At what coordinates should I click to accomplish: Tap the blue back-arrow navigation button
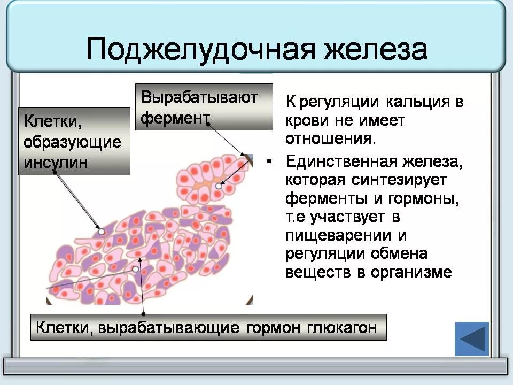click(x=471, y=339)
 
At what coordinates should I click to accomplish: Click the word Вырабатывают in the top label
click(x=199, y=97)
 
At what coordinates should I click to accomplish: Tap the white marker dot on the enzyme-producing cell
click(x=219, y=186)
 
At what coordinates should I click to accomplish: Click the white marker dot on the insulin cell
click(x=101, y=232)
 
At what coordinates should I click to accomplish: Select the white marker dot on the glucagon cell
click(x=136, y=269)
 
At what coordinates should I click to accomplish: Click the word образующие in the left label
click(x=73, y=142)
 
